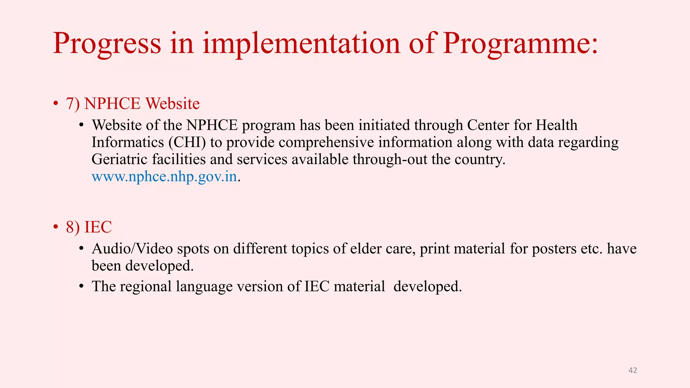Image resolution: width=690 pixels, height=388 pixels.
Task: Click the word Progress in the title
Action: [x=107, y=44]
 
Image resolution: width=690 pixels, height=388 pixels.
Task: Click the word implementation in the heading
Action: [x=302, y=44]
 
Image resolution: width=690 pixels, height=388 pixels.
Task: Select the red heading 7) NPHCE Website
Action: [x=133, y=103]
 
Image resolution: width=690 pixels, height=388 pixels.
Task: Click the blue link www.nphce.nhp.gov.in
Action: [x=164, y=176]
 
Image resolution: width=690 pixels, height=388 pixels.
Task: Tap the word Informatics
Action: [x=128, y=142]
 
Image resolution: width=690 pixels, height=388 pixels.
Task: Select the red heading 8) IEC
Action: [x=89, y=227]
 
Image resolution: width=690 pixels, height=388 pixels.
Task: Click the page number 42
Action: [x=633, y=370]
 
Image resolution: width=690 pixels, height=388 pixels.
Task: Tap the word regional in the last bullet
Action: [x=146, y=287]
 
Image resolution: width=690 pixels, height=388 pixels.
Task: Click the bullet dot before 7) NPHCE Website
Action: [x=56, y=104]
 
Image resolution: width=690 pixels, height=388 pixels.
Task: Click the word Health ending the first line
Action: [x=557, y=125]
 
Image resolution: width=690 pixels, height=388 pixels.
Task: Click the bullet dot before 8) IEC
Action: [x=56, y=227]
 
